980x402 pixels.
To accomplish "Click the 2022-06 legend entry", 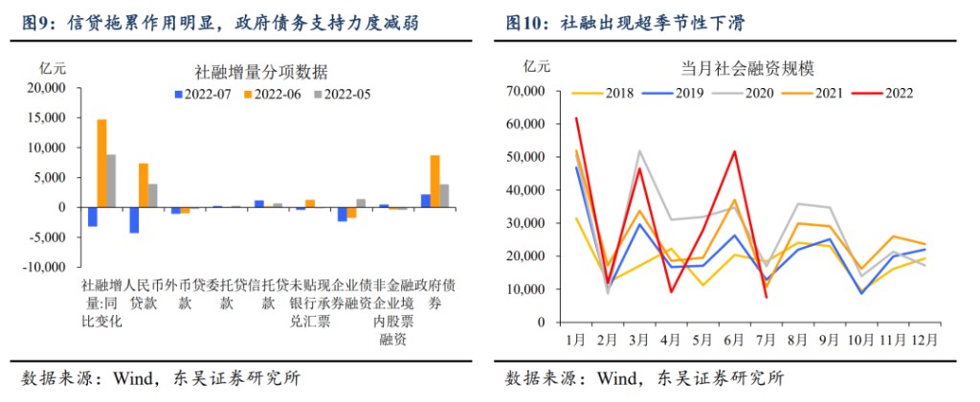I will (x=274, y=94).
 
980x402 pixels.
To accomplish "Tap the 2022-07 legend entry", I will (x=204, y=94).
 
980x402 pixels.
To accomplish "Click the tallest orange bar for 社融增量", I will (x=102, y=163).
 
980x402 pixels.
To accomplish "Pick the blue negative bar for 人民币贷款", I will (x=135, y=219).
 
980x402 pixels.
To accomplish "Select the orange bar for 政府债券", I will (x=434, y=181).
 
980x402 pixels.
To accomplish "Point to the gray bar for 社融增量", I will (x=111, y=181).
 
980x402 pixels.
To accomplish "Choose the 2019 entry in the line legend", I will (x=676, y=93).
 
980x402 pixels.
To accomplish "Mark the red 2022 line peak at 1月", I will (x=576, y=118).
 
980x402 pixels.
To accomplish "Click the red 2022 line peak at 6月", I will (x=734, y=150).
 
